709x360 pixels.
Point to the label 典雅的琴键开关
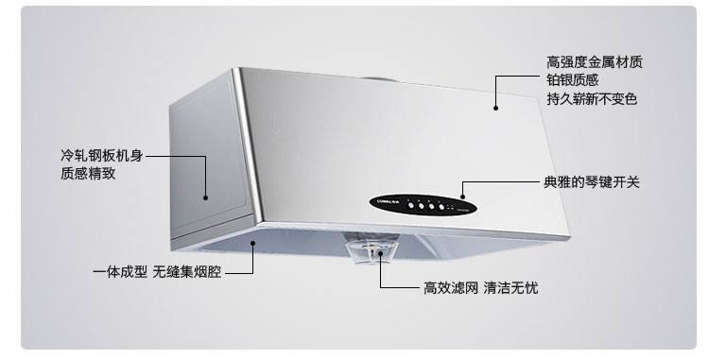click(591, 181)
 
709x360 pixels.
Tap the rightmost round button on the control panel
click(441, 206)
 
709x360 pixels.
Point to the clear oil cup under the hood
click(370, 249)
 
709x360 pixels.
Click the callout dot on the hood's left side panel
click(205, 197)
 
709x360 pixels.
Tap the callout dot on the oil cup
click(381, 251)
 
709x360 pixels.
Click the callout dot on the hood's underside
click(253, 244)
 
